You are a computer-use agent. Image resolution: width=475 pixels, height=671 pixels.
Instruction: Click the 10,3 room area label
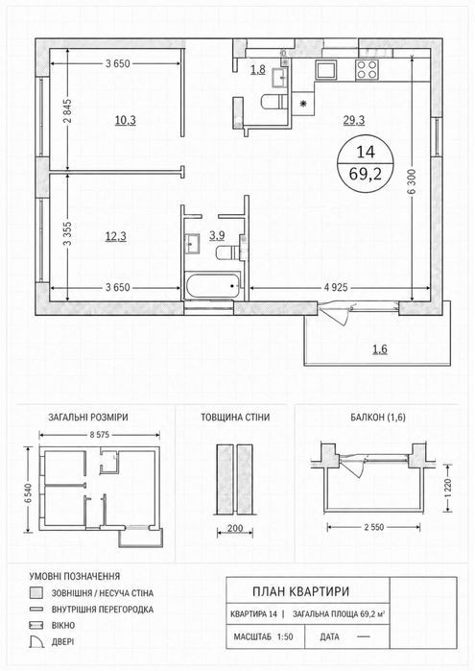point(126,121)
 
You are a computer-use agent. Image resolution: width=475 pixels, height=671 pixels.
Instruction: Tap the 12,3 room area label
point(116,236)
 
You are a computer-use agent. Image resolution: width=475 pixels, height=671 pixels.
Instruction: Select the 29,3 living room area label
point(354,121)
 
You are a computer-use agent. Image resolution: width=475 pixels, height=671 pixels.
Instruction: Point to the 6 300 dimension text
point(412,180)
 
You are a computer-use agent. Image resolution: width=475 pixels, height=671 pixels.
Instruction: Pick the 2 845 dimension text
point(68,110)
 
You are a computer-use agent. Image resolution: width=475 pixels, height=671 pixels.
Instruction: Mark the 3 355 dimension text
point(68,233)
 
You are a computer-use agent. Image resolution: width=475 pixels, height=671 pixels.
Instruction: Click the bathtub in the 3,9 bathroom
point(213,286)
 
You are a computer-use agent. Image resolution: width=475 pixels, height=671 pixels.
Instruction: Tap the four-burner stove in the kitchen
point(368,69)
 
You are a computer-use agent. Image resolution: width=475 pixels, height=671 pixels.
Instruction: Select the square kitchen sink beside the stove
point(326,69)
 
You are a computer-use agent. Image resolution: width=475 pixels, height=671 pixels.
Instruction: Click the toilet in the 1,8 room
point(273,102)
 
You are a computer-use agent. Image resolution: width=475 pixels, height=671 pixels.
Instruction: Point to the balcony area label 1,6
point(380,349)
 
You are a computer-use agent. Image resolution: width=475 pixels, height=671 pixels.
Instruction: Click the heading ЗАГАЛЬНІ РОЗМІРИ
point(87,418)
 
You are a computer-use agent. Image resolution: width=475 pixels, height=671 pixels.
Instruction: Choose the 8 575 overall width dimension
point(99,435)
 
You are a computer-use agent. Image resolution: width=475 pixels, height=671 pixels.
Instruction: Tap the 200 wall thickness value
point(235,529)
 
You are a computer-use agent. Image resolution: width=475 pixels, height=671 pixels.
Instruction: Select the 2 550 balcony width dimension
point(374,527)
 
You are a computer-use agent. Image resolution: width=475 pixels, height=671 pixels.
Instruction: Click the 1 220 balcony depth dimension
point(448,488)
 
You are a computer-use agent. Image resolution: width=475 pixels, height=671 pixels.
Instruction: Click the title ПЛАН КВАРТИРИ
point(301,591)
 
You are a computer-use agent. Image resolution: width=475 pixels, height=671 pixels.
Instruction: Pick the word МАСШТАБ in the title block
point(252,636)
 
